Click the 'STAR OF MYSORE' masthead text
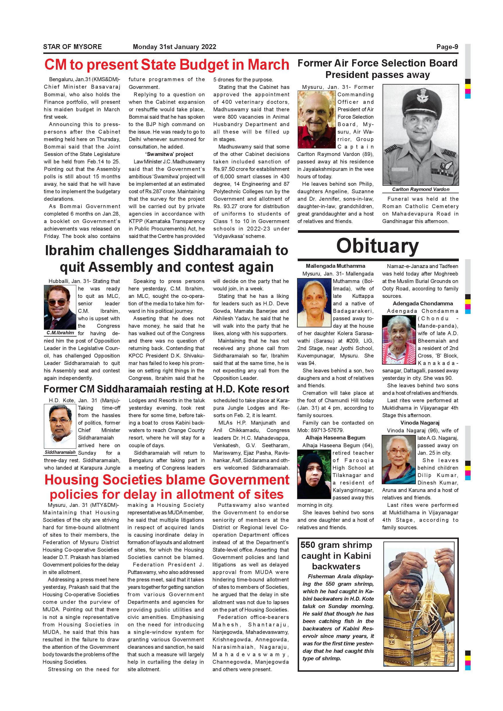72,47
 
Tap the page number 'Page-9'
447,47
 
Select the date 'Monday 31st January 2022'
174,47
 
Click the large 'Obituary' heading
377,246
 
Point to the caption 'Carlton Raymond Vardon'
420,189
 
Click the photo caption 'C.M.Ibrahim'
60,333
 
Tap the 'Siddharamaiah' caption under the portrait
60,452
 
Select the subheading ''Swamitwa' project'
166,154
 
